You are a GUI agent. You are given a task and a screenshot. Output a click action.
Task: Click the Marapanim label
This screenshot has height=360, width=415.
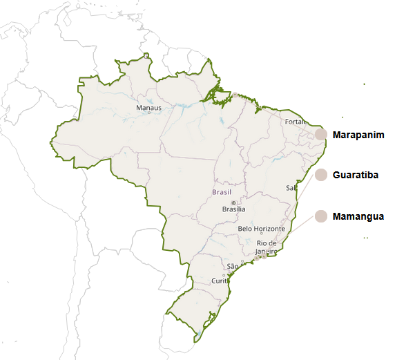click(358, 135)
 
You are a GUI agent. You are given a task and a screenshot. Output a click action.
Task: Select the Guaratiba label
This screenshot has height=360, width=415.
click(355, 176)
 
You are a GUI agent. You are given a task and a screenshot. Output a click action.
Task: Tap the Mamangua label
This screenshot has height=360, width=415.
click(358, 217)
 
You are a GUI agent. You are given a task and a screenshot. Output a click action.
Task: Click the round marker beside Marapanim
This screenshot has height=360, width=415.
click(320, 135)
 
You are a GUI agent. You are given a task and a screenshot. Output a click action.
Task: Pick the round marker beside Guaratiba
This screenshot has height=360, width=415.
click(320, 176)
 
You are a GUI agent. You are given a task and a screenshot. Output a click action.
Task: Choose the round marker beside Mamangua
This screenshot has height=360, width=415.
click(320, 217)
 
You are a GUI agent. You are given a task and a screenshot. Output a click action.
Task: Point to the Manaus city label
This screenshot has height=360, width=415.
click(148, 108)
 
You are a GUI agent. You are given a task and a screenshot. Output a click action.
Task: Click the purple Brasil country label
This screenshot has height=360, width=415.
click(222, 192)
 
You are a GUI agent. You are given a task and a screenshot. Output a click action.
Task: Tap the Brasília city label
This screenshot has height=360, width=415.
click(233, 209)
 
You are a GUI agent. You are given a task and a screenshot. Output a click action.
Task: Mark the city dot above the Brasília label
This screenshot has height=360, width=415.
click(233, 202)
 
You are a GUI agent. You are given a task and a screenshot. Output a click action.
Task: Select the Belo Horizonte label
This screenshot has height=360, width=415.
click(261, 229)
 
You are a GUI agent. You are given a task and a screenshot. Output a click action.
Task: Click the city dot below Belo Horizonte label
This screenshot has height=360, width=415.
click(261, 234)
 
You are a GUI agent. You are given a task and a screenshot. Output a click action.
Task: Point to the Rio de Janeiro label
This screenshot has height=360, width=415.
click(267, 247)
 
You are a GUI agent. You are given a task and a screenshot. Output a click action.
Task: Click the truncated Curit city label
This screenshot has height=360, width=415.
click(220, 281)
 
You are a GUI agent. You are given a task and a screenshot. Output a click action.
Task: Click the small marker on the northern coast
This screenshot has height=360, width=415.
click(235, 94)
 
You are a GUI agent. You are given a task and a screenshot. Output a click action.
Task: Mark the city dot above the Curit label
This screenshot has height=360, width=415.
click(223, 274)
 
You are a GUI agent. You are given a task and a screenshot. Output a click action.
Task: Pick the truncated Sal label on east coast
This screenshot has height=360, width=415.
click(290, 188)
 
